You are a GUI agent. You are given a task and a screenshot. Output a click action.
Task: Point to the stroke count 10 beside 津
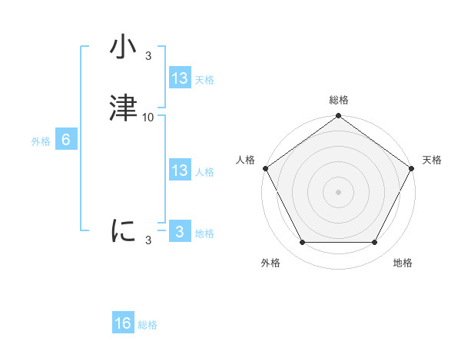click(148, 117)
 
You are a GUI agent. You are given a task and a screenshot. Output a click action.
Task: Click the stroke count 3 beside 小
click(148, 55)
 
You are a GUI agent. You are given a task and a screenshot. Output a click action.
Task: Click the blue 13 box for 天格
click(180, 78)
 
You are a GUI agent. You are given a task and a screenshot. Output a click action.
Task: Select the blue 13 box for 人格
click(180, 171)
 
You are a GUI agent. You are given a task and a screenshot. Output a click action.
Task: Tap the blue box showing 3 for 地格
click(180, 232)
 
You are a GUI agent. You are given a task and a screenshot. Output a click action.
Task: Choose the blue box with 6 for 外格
click(66, 140)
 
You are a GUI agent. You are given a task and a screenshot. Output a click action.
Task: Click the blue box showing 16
click(123, 323)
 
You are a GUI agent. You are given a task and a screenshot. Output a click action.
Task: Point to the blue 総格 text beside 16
click(148, 325)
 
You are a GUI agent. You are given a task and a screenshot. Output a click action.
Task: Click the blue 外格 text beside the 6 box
click(41, 141)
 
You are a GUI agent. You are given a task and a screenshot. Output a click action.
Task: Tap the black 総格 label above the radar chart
click(339, 100)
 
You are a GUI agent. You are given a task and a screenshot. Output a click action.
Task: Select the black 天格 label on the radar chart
click(432, 160)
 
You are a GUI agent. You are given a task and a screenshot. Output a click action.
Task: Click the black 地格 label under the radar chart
click(403, 263)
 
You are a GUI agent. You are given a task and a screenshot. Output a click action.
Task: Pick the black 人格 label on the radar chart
click(245, 160)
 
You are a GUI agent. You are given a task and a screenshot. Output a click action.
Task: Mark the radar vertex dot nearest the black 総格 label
click(338, 117)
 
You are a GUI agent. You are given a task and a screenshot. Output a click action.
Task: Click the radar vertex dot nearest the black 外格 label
click(302, 243)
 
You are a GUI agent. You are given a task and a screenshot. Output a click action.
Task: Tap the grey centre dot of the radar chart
click(338, 191)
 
